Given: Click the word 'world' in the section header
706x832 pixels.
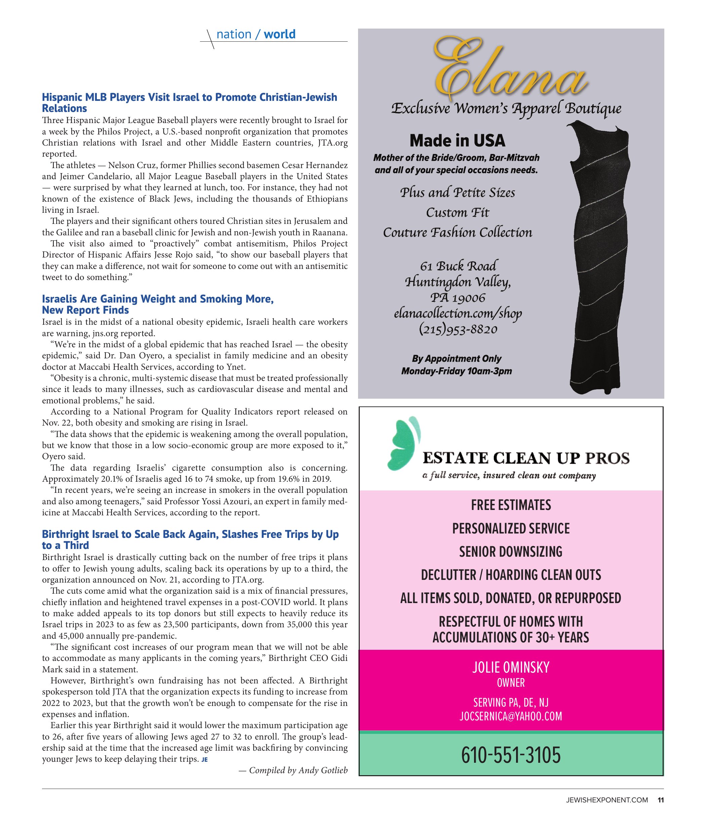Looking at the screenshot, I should click(x=279, y=34).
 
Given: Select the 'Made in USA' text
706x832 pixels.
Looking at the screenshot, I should click(x=457, y=141).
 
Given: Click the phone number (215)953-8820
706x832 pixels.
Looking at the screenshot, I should click(x=458, y=329).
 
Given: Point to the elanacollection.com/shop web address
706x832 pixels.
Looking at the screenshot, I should click(x=458, y=313).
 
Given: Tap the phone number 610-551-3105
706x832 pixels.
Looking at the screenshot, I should click(x=511, y=756).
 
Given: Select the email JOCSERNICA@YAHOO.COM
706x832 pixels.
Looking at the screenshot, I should click(x=511, y=716).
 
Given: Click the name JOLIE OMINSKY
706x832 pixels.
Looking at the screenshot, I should click(x=511, y=667).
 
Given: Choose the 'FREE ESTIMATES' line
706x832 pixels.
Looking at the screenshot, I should click(x=511, y=505).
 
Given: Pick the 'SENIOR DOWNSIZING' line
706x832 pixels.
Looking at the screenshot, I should click(x=511, y=552).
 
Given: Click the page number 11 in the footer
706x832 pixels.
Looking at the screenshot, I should click(x=660, y=800).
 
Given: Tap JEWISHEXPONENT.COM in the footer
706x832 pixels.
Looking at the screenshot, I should click(x=607, y=800).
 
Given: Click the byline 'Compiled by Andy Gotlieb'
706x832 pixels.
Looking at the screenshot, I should click(x=293, y=770).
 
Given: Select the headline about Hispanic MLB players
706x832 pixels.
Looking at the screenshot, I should click(x=189, y=103).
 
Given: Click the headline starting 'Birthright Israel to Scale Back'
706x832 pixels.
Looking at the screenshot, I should click(x=190, y=540).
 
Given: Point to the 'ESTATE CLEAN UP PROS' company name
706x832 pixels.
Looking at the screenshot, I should click(x=526, y=458).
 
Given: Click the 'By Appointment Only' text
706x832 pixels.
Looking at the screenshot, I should click(x=456, y=359).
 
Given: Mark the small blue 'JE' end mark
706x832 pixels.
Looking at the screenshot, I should click(x=204, y=760).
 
